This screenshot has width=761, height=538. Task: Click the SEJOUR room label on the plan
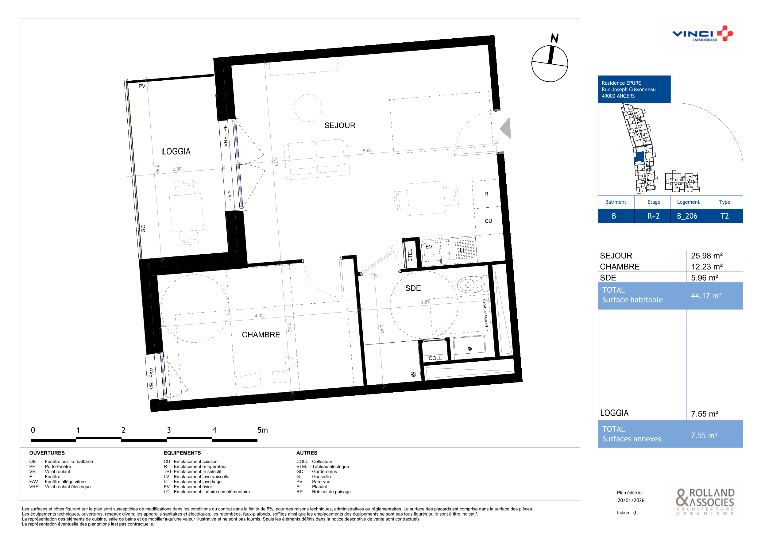(x=340, y=125)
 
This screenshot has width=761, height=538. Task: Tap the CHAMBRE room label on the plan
(x=261, y=335)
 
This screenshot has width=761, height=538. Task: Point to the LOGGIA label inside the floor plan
(x=176, y=152)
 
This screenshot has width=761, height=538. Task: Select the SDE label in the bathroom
(x=413, y=288)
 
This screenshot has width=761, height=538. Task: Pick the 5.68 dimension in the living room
(x=367, y=151)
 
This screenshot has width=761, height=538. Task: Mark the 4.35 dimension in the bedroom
(x=259, y=316)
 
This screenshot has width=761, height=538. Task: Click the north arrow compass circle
(x=550, y=63)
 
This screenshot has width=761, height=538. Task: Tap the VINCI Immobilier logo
(x=703, y=34)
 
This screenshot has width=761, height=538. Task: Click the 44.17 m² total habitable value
(x=706, y=295)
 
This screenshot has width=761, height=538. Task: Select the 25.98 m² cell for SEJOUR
(x=707, y=256)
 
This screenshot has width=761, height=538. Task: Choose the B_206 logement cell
(x=687, y=216)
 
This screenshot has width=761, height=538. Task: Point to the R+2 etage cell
(x=653, y=216)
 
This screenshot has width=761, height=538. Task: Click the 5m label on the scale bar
(x=262, y=430)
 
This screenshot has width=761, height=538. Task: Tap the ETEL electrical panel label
(x=410, y=255)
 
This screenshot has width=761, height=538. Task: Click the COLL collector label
(x=435, y=358)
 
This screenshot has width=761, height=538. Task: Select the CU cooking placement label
(x=488, y=221)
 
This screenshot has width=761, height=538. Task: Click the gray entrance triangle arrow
(x=505, y=128)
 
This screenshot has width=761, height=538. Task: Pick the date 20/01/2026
(x=631, y=500)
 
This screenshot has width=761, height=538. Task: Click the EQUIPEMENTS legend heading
(x=182, y=453)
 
